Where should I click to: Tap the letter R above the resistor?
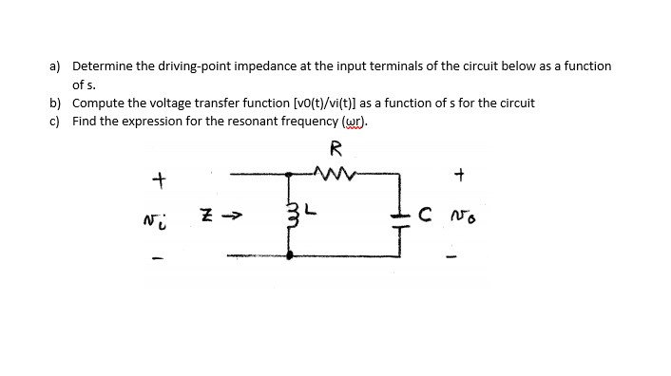(335, 147)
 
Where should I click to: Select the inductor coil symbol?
(291, 215)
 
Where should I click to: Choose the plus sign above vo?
(460, 175)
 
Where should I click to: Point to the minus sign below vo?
(462, 254)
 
